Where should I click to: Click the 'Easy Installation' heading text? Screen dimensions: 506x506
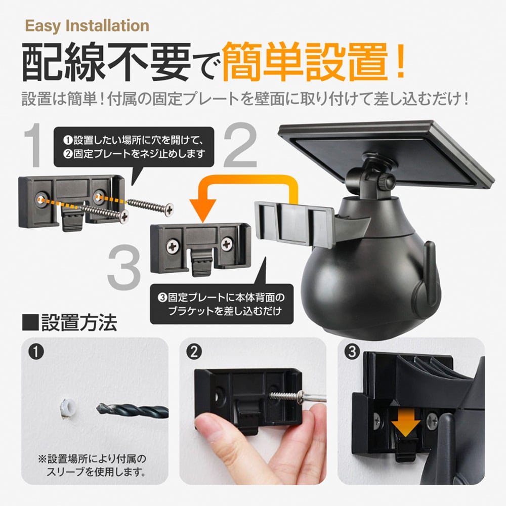87,26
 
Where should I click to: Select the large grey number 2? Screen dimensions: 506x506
240,145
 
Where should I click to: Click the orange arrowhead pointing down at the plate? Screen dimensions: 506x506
203,210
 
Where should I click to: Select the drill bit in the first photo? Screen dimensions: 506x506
132,410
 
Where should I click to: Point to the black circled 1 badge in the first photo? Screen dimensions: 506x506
36,352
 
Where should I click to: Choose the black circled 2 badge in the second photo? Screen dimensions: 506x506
194,352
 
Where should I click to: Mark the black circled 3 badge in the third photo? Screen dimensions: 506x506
352,352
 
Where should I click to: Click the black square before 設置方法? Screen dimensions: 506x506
30,322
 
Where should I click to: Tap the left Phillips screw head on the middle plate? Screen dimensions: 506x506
173,247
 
